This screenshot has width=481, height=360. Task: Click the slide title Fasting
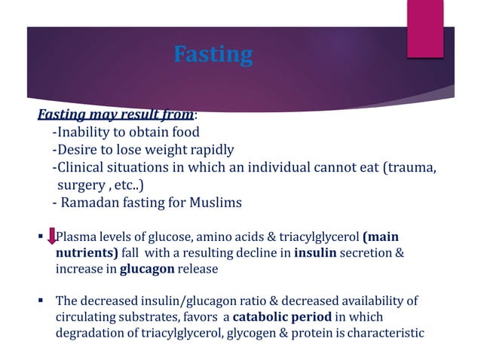click(213, 55)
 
